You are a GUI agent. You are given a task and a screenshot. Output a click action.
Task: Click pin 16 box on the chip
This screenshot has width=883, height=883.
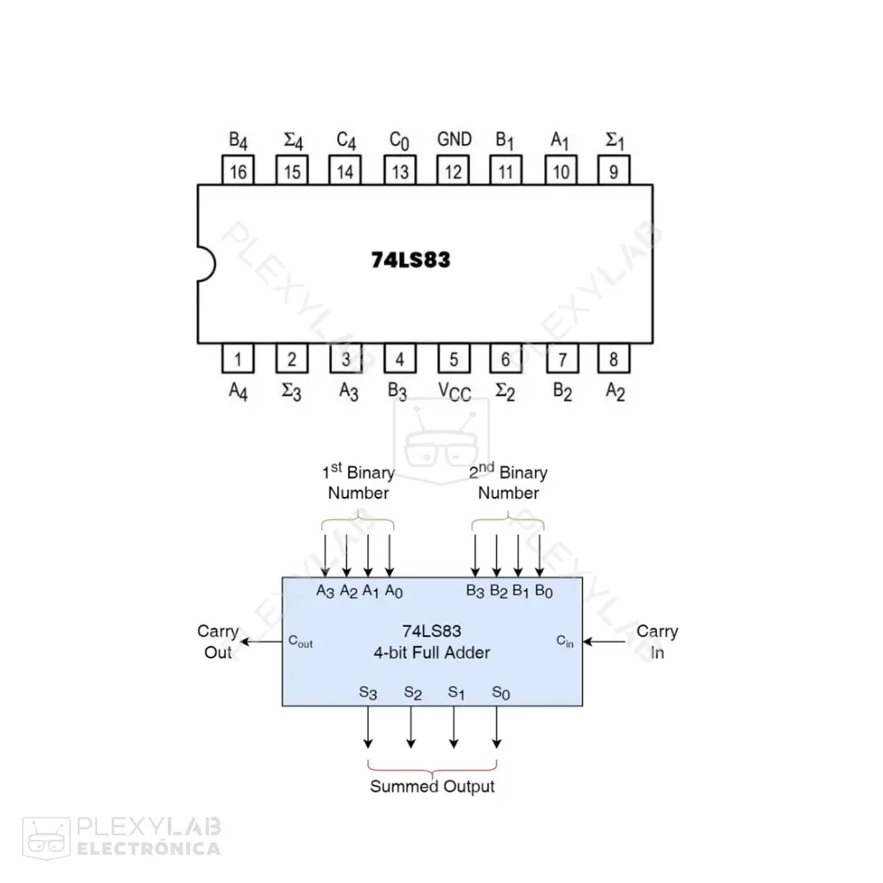click(x=238, y=171)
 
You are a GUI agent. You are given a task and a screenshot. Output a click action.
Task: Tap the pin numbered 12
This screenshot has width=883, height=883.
click(x=453, y=171)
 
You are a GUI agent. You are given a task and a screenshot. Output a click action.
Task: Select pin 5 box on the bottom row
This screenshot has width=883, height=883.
click(x=453, y=358)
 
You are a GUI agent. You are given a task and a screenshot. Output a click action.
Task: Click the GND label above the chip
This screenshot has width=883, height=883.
click(x=454, y=140)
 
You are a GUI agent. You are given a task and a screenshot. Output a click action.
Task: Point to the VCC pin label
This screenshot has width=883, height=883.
click(x=455, y=391)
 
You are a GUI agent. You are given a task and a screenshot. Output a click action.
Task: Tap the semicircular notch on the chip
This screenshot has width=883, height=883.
click(x=204, y=264)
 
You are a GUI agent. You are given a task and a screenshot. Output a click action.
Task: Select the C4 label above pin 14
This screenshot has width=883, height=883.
click(x=346, y=140)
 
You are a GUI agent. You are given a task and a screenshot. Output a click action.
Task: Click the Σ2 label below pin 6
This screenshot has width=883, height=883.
click(x=504, y=391)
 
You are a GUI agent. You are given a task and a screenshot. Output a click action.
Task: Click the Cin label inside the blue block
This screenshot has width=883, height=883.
click(x=564, y=641)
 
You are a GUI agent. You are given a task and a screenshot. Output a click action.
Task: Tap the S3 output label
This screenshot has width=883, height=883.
click(x=368, y=693)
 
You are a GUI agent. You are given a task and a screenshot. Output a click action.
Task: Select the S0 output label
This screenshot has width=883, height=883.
click(x=501, y=693)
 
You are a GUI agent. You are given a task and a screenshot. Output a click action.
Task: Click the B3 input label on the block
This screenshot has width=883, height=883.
click(x=476, y=590)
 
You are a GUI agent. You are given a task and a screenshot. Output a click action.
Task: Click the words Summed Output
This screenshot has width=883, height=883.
click(x=432, y=786)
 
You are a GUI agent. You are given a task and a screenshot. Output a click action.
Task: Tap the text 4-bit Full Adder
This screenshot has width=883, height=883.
click(x=432, y=653)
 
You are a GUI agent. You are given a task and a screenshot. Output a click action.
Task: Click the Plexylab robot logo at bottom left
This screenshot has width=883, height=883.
click(x=46, y=836)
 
